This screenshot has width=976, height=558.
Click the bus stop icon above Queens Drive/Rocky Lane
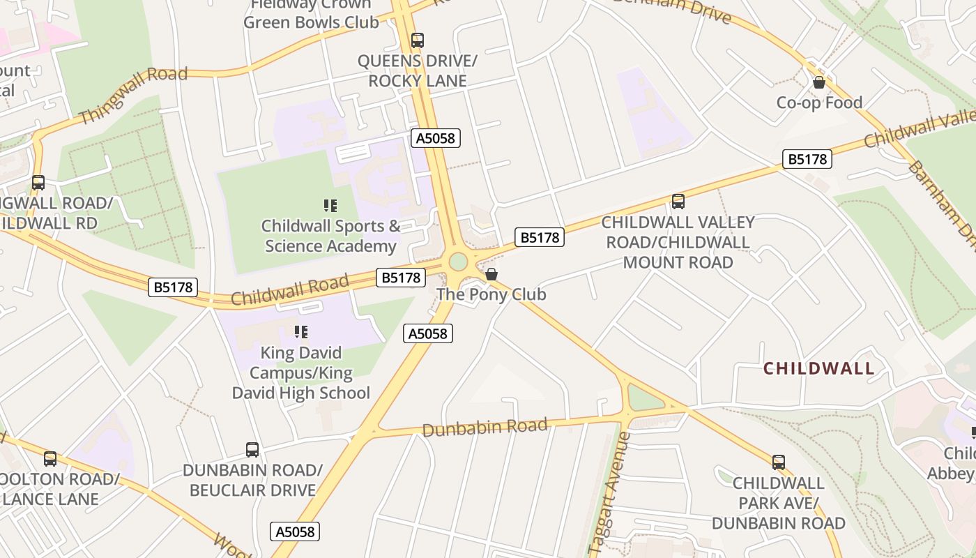click(417, 40)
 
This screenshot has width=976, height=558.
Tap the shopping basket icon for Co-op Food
click(819, 82)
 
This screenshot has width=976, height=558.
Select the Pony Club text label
click(491, 294)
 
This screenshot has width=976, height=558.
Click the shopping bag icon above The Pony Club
click(491, 274)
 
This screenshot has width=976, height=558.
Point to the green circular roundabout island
click(458, 262)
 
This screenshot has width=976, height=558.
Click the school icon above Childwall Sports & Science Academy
click(330, 205)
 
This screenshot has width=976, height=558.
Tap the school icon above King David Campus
click(301, 332)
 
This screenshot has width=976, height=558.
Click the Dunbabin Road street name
click(485, 427)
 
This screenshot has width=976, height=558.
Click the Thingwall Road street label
click(133, 95)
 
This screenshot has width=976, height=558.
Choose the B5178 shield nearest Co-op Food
click(807, 159)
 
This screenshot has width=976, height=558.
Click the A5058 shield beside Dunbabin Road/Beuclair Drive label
click(295, 531)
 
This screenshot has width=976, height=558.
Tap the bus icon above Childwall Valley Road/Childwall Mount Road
click(678, 202)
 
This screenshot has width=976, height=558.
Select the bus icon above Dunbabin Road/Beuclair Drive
click(252, 450)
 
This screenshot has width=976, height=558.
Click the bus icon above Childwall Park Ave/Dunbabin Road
click(778, 462)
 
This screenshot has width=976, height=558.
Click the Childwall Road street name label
click(289, 290)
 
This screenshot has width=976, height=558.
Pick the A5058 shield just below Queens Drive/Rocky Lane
click(435, 138)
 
